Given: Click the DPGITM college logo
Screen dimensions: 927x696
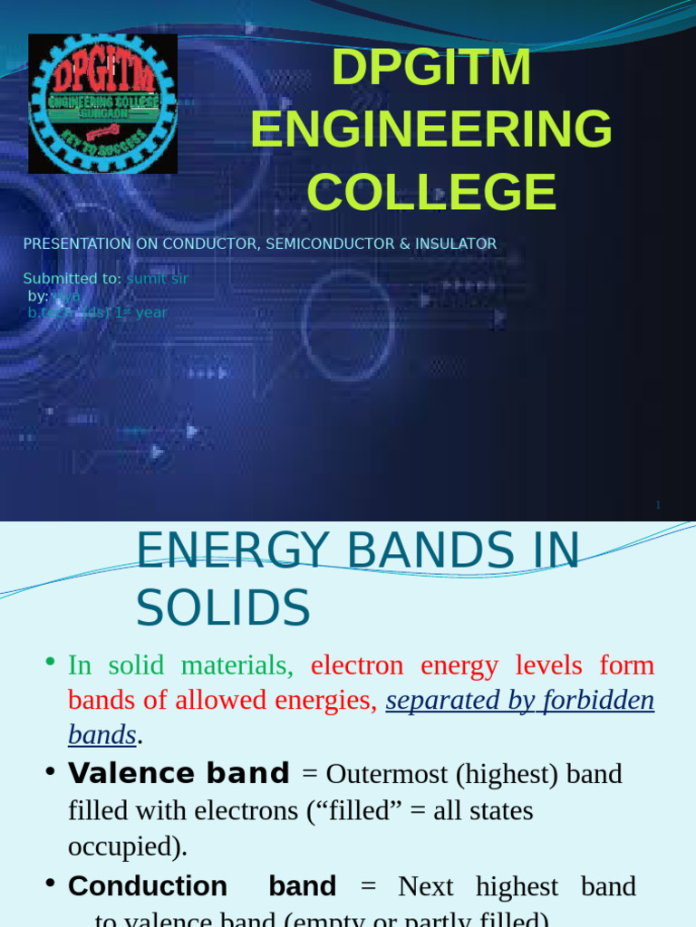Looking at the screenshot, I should (102, 103).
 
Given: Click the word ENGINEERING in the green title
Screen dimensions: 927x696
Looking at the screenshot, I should (431, 129).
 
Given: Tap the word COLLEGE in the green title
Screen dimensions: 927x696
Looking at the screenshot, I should (431, 192).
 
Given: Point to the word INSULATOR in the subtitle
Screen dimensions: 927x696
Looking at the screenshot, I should (461, 244).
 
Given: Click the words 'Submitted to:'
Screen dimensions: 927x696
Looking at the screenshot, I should (72, 279).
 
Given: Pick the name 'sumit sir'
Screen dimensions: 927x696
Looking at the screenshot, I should (158, 279).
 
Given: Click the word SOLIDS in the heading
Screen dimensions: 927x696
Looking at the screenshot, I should (223, 608).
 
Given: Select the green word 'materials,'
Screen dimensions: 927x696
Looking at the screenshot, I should (237, 665).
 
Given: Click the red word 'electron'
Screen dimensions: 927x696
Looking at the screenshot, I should (356, 665).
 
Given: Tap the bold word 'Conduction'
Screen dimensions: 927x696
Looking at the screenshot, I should (147, 886).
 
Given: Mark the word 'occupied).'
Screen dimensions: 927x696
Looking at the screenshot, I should (127, 846).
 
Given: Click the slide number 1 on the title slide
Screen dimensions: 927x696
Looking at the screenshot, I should (658, 505).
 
